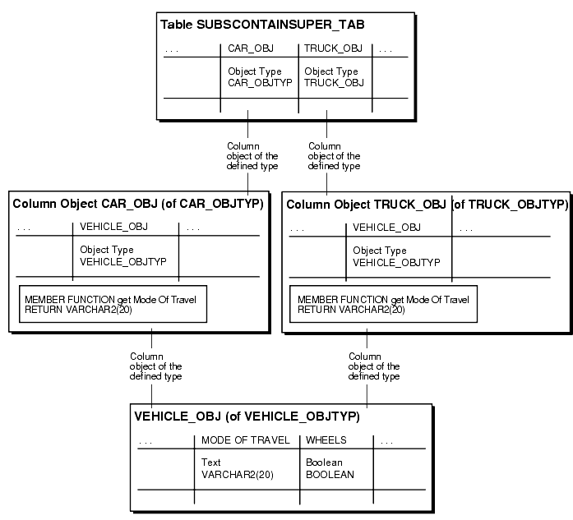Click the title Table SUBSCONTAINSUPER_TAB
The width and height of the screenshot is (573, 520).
pos(262,25)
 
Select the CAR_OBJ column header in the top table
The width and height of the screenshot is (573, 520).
pos(244,48)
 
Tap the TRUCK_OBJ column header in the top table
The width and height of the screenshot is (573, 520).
pos(327,48)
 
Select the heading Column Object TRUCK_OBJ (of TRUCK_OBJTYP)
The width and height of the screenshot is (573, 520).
pos(426,204)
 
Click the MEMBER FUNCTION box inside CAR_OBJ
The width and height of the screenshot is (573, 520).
pos(113,305)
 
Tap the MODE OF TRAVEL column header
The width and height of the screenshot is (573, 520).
pos(246,440)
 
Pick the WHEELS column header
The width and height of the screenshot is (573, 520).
pos(326,440)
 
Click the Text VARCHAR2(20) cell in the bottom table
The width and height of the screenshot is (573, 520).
pos(238,468)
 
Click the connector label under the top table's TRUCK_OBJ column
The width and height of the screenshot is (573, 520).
pos(334,156)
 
